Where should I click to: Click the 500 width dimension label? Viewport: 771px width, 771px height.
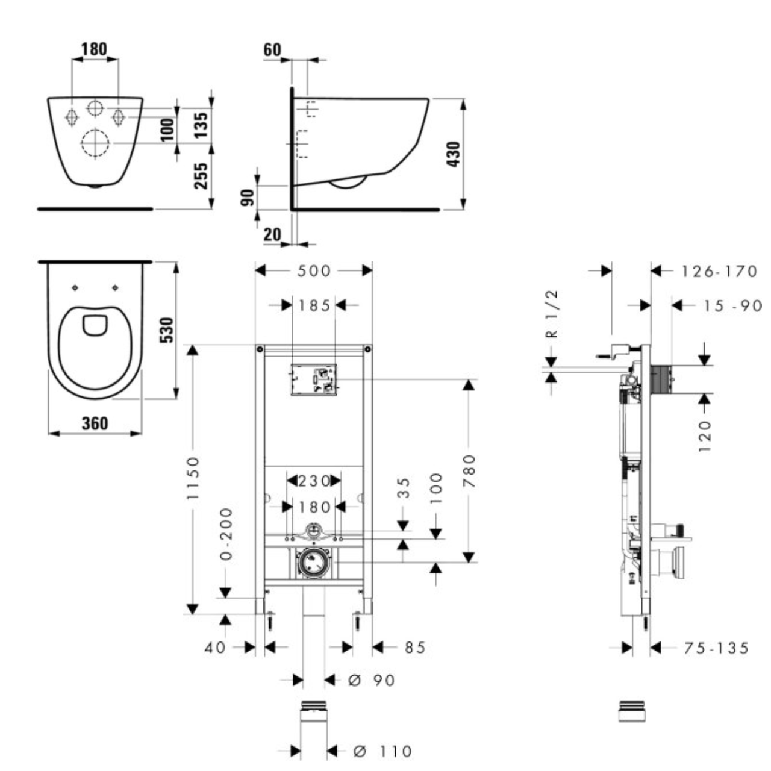314,271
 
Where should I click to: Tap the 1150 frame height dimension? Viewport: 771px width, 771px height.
193,478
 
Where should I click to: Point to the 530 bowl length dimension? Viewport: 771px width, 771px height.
167,329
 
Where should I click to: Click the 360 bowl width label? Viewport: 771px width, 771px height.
95,423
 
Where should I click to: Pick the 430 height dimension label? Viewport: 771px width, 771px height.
453,154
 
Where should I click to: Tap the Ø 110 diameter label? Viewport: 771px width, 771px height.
382,751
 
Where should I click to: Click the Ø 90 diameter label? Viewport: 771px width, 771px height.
371,680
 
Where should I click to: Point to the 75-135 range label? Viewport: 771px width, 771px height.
716,648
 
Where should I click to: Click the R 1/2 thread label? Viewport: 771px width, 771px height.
552,314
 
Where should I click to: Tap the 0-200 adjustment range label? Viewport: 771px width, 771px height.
226,534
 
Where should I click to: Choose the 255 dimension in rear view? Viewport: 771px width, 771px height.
201,175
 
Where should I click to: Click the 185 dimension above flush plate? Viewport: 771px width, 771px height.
314,305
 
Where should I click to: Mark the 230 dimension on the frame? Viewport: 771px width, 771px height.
314,481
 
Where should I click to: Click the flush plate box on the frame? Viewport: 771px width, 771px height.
314,380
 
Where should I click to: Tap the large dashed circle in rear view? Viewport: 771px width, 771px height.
95,143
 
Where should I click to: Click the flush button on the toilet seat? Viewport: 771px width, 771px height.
95,325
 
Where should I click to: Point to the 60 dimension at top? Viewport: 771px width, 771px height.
272,49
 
